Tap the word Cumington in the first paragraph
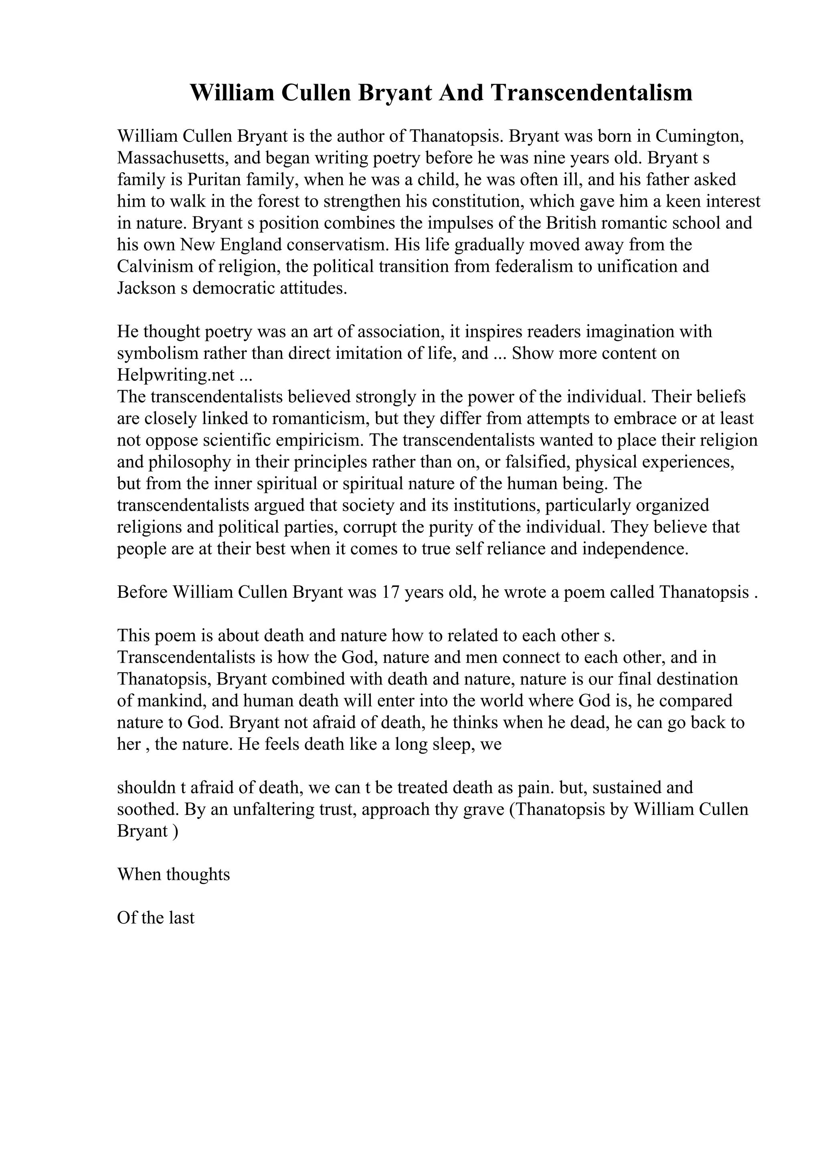click(x=700, y=137)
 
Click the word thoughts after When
click(x=198, y=875)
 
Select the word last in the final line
click(x=182, y=918)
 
